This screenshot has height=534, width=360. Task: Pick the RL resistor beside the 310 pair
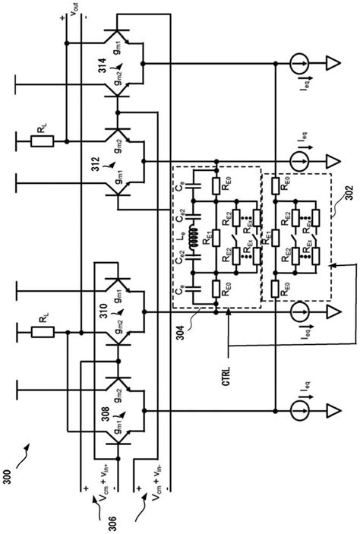point(41,333)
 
